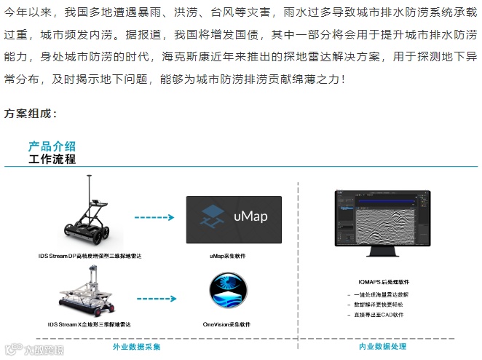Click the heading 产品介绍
52,146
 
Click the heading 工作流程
52,159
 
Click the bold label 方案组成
31,114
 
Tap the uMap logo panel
233,220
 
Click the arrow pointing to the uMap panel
154,217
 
